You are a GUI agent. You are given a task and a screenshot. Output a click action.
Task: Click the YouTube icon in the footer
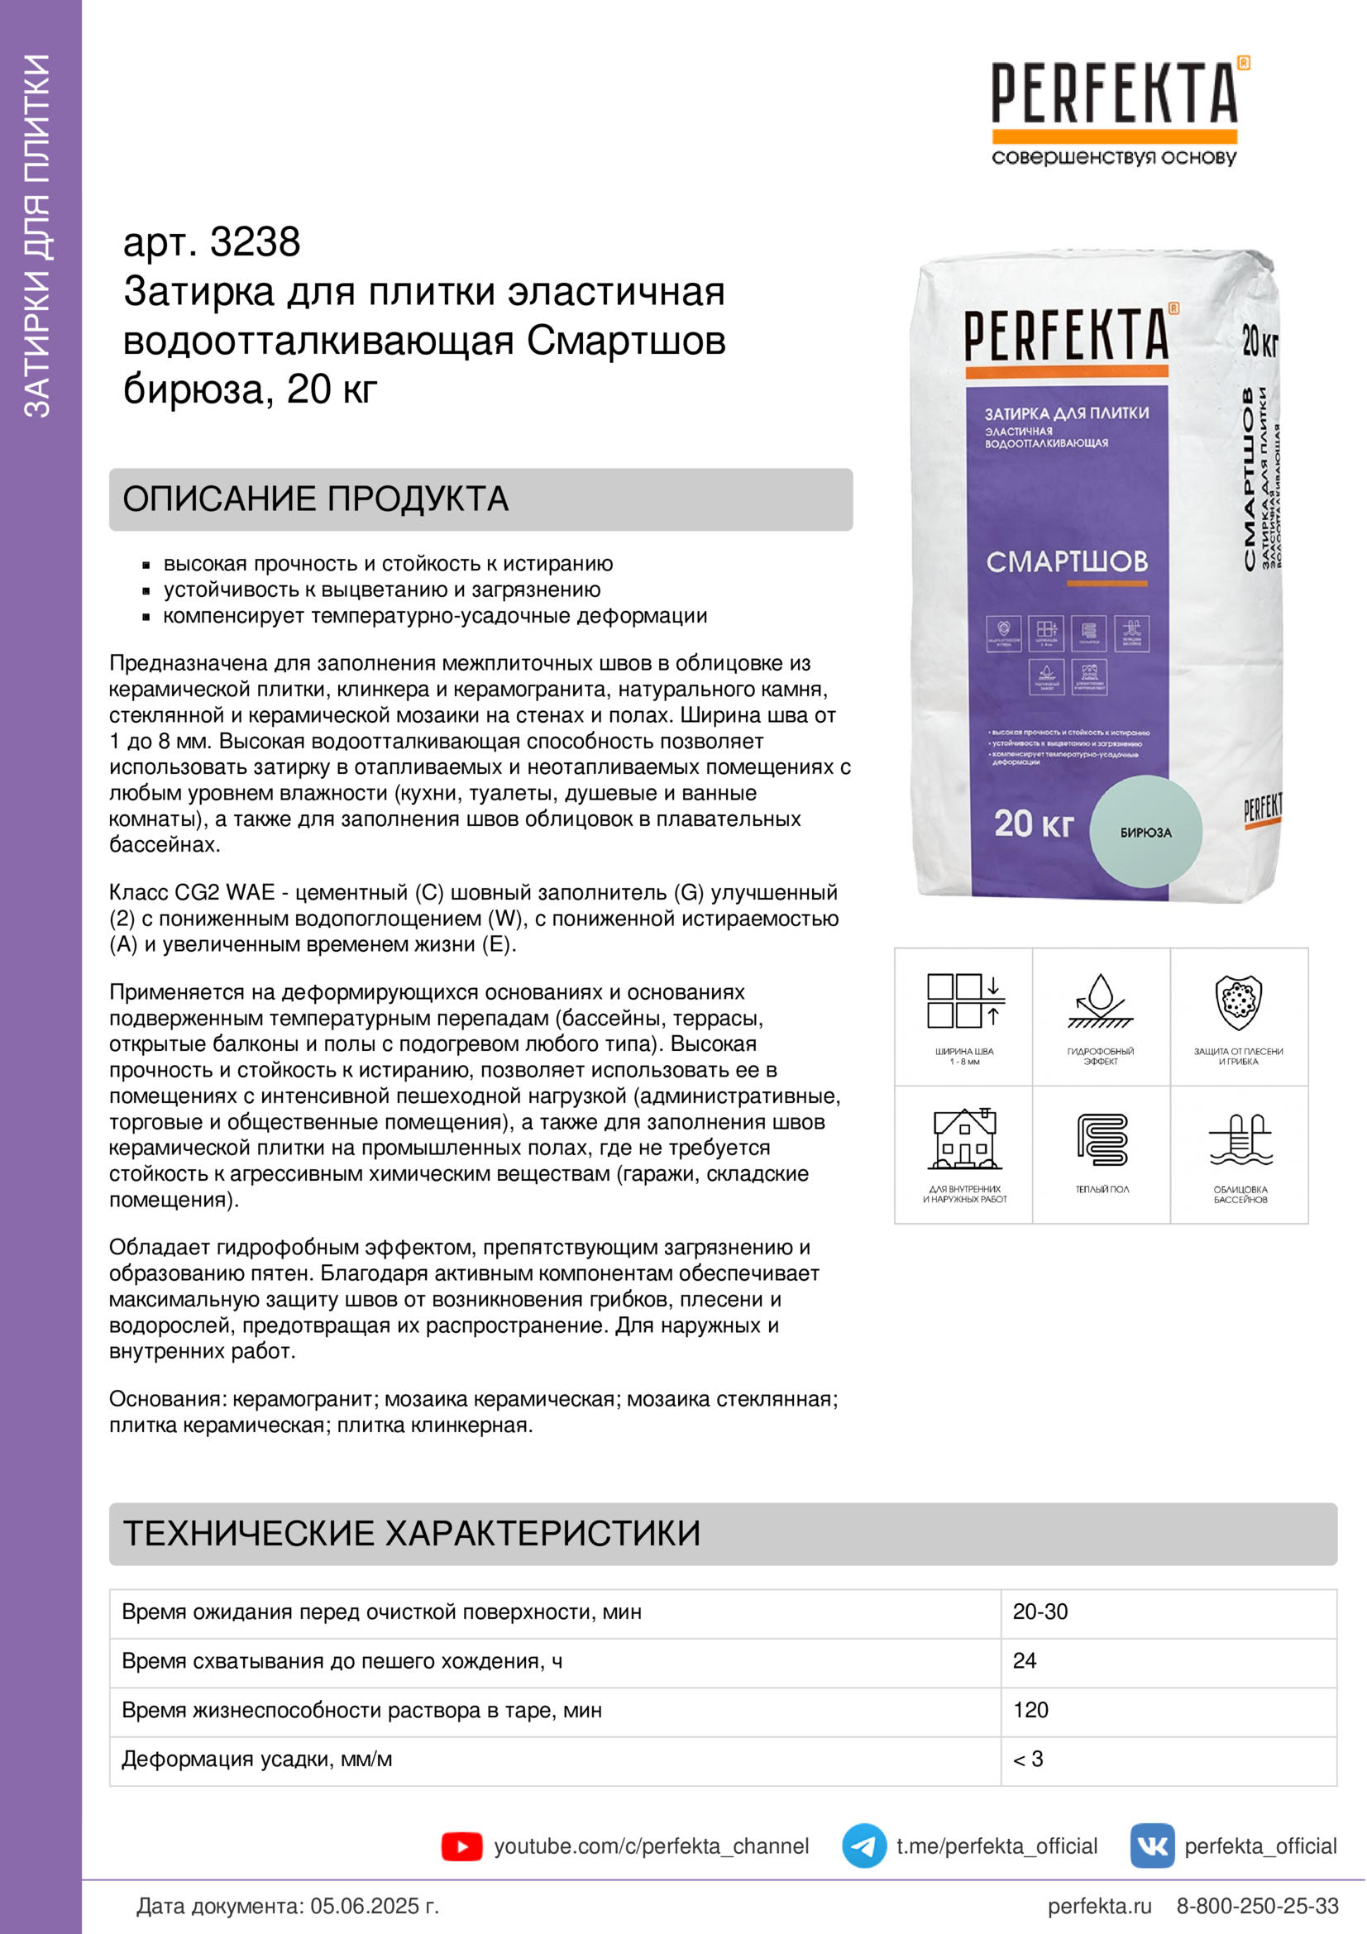461,1846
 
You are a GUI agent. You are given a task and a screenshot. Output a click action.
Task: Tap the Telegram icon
863,1846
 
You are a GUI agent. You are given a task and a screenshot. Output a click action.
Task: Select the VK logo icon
1152,1846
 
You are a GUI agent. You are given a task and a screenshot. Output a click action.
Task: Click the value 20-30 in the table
1040,1612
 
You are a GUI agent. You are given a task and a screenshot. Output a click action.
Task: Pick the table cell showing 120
1030,1710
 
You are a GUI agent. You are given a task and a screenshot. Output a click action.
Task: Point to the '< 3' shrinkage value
1028,1759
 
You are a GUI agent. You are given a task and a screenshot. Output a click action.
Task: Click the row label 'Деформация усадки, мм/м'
257,1759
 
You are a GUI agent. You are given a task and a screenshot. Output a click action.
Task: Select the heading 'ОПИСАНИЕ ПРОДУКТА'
316,499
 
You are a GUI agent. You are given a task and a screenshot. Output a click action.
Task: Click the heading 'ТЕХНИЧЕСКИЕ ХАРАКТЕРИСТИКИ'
412,1534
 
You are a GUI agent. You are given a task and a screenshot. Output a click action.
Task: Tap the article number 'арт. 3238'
212,242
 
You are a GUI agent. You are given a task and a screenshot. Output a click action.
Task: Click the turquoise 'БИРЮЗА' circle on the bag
1145,831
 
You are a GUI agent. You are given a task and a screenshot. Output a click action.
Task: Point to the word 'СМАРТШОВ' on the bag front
1066,561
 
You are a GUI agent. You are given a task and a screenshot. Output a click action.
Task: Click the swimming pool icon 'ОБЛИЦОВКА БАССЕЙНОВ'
1240,1141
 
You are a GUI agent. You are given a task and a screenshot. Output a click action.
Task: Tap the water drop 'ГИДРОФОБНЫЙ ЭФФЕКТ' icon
1101,1001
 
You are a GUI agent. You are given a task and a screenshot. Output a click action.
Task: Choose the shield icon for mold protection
1238,1002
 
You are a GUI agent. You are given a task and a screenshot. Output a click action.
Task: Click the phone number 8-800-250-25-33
1257,1905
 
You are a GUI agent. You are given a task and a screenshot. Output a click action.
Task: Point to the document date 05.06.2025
374,1905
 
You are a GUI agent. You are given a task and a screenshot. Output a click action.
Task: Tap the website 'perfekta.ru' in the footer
1099,1905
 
